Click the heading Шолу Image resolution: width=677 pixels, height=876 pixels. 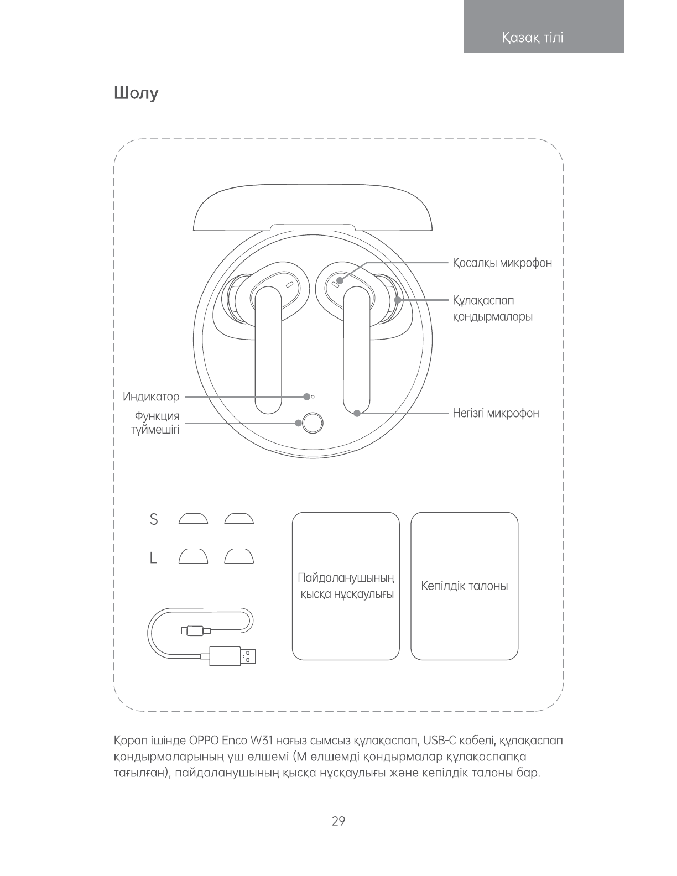coord(136,93)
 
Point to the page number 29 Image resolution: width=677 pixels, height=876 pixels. coord(338,821)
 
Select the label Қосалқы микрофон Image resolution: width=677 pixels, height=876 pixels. coord(502,263)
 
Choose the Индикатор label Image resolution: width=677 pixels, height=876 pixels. coord(151,397)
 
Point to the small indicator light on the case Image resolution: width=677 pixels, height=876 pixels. coord(313,397)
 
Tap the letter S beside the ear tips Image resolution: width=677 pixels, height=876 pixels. coord(154,519)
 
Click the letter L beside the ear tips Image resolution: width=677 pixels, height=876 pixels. coord(153,559)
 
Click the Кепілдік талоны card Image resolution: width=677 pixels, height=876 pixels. coord(464,586)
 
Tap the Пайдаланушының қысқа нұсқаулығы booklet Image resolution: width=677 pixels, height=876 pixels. coord(346,586)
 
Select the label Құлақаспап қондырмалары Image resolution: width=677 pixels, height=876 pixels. coord(492,309)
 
